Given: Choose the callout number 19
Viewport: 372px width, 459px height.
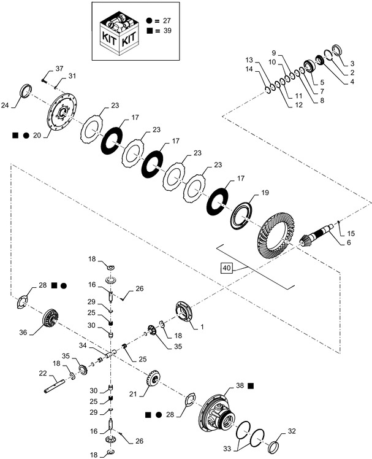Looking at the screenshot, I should point(265,193).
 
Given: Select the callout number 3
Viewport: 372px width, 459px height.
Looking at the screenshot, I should point(352,63).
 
